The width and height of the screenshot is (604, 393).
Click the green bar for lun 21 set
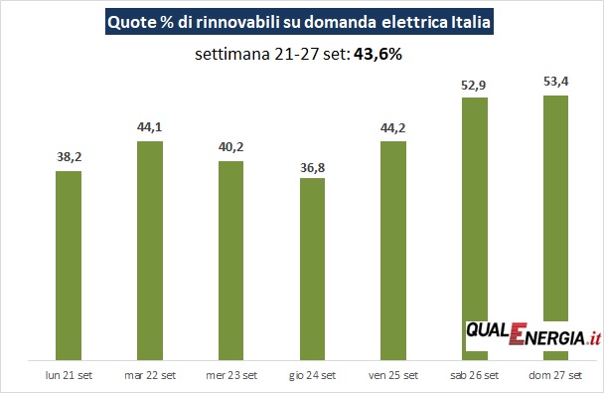[x=69, y=266]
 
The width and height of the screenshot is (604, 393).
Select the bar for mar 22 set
[x=150, y=251]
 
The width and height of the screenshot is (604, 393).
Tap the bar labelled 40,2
[x=231, y=261]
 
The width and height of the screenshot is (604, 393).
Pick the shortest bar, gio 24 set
[x=312, y=270]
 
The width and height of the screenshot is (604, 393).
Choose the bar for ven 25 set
[x=393, y=251]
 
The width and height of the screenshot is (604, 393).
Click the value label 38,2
[x=70, y=157]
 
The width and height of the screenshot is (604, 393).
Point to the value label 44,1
[x=150, y=127]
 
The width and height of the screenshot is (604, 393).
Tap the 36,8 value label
[x=312, y=168]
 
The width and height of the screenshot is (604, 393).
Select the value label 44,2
[x=393, y=127]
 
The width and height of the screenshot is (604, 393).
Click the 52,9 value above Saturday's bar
[x=474, y=85]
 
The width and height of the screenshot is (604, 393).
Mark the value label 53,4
[x=556, y=82]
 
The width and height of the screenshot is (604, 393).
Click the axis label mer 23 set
[x=231, y=375]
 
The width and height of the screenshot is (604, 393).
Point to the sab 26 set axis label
[x=475, y=375]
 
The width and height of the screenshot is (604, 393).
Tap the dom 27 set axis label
[x=555, y=375]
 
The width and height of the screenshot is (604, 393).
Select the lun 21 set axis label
[x=69, y=375]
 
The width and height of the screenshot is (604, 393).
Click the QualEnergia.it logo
[x=533, y=334]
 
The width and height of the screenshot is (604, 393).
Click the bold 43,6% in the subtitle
[x=377, y=54]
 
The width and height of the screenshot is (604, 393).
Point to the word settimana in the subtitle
[x=232, y=54]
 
